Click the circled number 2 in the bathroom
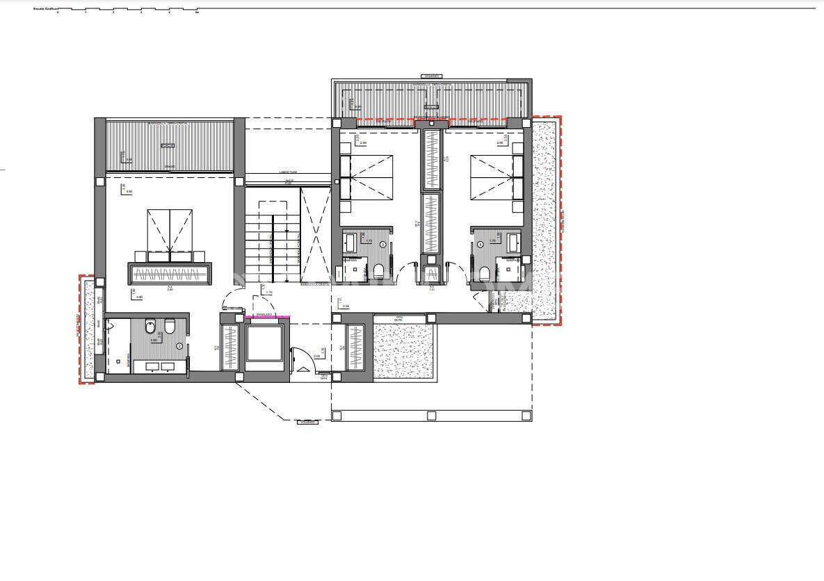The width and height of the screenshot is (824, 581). point(179,346)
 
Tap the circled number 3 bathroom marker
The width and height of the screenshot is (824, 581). point(382,244)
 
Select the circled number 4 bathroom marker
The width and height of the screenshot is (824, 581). point(480,244)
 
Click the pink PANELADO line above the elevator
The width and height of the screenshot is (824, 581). point(268,317)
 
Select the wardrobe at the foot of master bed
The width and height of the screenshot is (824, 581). point(169,274)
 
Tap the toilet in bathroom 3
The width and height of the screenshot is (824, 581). point(379,270)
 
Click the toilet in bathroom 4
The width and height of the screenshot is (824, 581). point(484,270)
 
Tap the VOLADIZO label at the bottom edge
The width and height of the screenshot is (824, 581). point(307,422)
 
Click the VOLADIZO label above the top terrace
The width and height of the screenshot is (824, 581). point(432,76)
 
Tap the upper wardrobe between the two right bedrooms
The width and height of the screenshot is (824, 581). point(433,159)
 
